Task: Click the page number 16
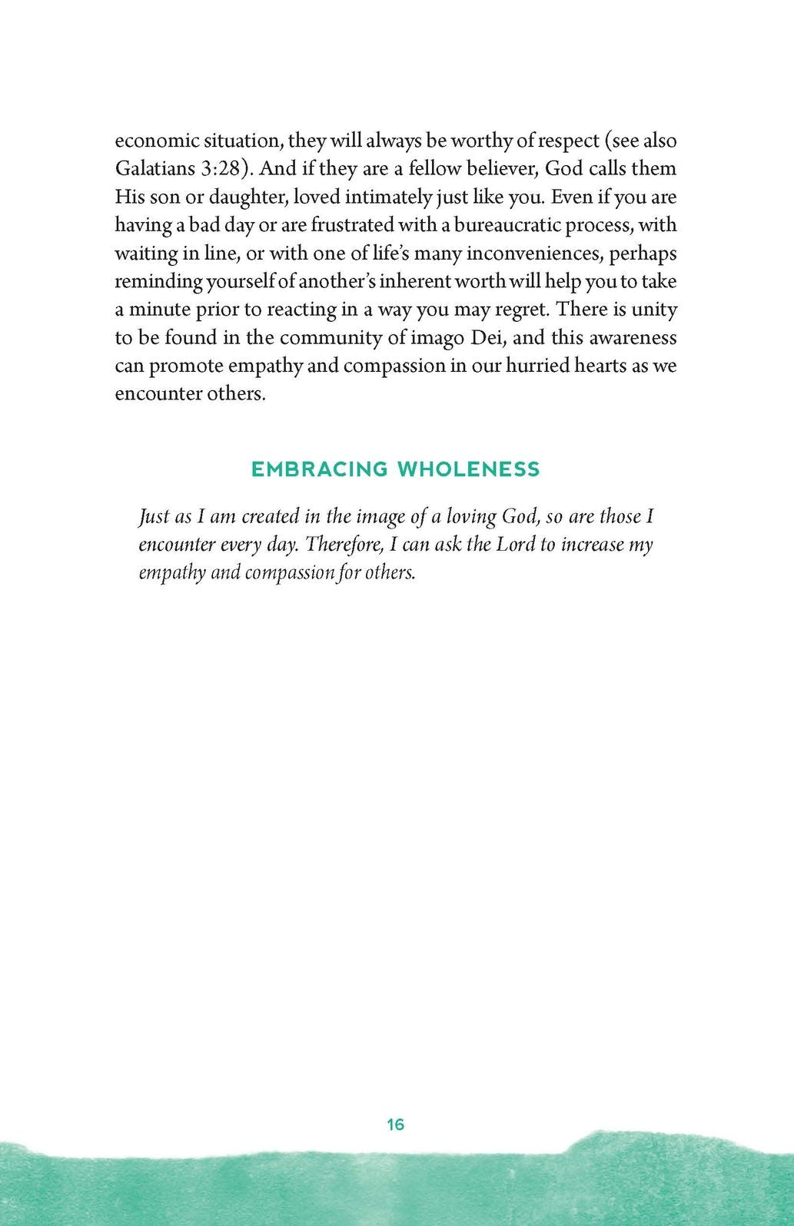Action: point(396,1125)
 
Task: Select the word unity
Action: point(655,310)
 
